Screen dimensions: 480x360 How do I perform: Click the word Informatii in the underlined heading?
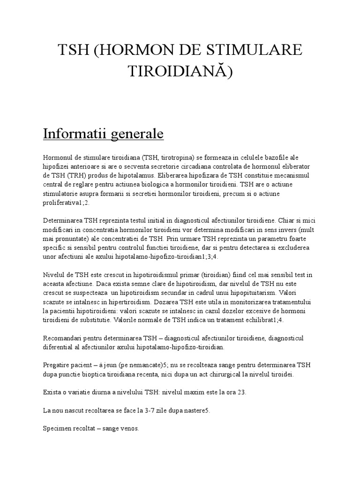pyautogui.click(x=74, y=134)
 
